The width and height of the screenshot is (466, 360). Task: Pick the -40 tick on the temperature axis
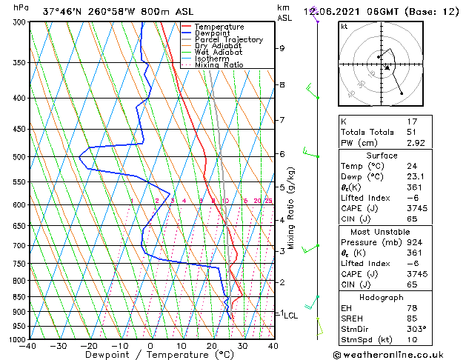click(x=29, y=346)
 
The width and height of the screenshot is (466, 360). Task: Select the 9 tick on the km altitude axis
click(x=282, y=48)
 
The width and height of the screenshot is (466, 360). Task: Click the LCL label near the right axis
click(x=291, y=316)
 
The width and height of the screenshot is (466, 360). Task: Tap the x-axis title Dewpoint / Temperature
click(x=150, y=356)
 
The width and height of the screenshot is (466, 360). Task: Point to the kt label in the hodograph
click(x=344, y=26)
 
